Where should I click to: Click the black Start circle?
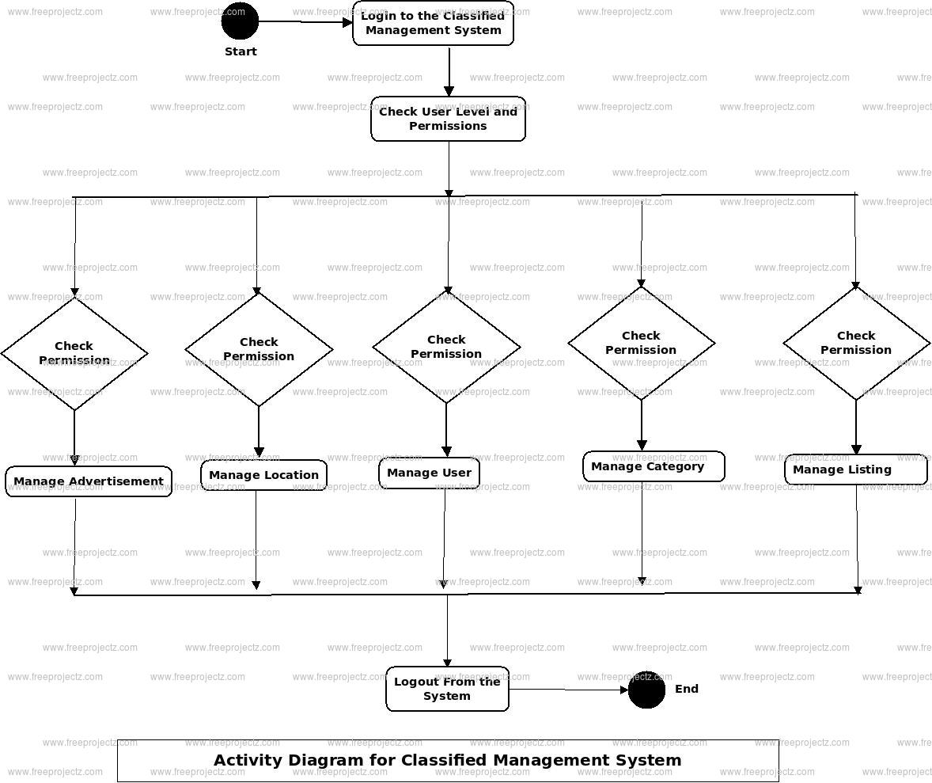[240, 21]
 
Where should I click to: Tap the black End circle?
[646, 690]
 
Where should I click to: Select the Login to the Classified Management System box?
[433, 23]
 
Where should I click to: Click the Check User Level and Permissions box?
[448, 119]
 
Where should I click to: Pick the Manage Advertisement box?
[89, 481]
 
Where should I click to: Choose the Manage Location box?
[263, 475]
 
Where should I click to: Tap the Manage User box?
[429, 473]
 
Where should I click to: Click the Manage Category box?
[654, 466]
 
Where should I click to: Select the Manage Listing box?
[855, 469]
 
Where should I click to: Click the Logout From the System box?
[447, 689]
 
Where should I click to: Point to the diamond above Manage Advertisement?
[74, 353]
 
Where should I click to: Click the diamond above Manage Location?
[259, 349]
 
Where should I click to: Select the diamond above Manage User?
[446, 347]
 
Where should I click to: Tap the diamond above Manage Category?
[641, 343]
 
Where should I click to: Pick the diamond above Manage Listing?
[856, 343]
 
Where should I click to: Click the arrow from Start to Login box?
[305, 22]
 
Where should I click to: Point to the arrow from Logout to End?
[568, 690]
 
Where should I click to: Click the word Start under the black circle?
[241, 51]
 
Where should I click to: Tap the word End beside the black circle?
[687, 689]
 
